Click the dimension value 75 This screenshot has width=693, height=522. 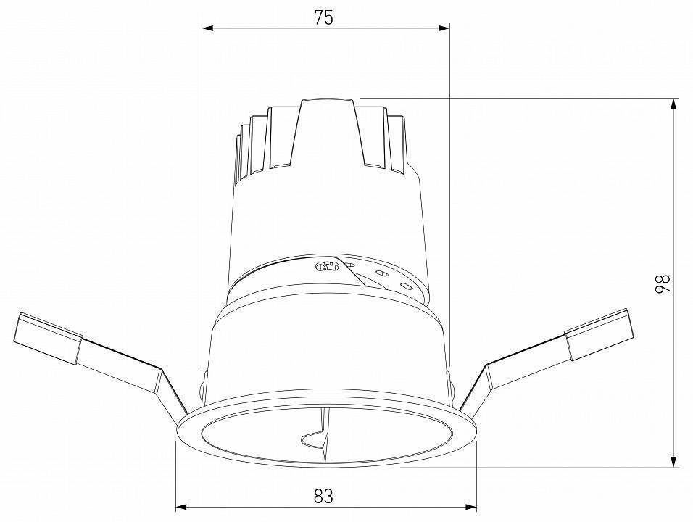(323, 18)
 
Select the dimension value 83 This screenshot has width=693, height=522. (323, 496)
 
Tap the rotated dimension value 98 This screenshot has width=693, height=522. (661, 283)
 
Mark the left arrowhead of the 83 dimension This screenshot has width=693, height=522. (183, 507)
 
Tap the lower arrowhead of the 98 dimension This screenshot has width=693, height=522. (674, 461)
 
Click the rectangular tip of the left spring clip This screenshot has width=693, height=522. (47, 338)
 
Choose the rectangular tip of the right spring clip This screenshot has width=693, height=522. (599, 334)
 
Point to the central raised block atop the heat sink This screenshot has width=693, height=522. (328, 134)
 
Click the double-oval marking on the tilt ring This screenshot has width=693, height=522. (328, 266)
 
